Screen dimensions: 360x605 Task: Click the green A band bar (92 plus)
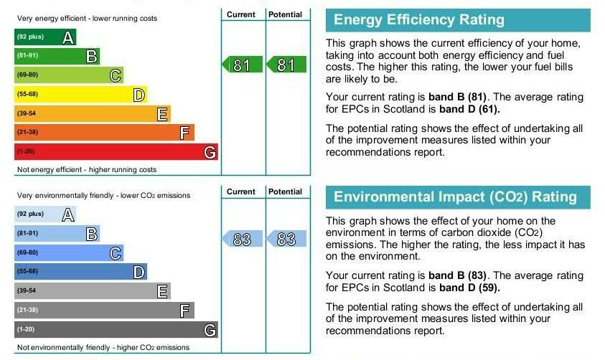click(x=44, y=37)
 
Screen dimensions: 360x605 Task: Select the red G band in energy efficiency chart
click(x=115, y=152)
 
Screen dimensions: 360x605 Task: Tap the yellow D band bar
click(x=80, y=95)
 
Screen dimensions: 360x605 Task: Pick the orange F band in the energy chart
click(x=104, y=133)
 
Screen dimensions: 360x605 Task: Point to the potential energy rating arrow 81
click(x=286, y=65)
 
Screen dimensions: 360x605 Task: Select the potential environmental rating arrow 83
click(x=286, y=240)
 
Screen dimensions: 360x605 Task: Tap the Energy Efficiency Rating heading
click(x=419, y=20)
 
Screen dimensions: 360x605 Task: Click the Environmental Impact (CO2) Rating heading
click(x=455, y=197)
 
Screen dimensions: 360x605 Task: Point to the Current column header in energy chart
click(x=241, y=14)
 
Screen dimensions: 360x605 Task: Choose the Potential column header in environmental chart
click(x=286, y=191)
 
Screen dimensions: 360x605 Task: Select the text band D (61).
click(x=469, y=110)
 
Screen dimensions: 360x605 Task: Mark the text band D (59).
click(x=469, y=288)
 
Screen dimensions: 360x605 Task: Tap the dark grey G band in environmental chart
click(x=115, y=330)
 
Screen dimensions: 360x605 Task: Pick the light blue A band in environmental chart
click(x=44, y=214)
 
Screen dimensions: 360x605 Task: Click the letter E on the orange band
click(x=162, y=114)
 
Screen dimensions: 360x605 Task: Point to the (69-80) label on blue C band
click(x=27, y=253)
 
